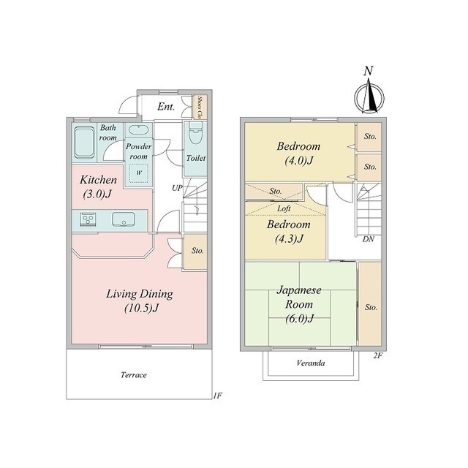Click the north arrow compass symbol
[x=369, y=97]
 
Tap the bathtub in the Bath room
[x=85, y=143]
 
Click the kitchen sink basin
[x=124, y=219]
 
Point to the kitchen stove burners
[x=88, y=219]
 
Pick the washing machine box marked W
[x=139, y=173]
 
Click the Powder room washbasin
[x=139, y=130]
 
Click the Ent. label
[x=166, y=107]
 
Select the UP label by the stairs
[x=177, y=189]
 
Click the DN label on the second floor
[x=369, y=239]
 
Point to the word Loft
[x=284, y=208]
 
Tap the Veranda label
[x=311, y=363]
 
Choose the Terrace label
[x=134, y=375]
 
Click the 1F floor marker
[x=218, y=396]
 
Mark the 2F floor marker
[x=377, y=355]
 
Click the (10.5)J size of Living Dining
[x=141, y=308]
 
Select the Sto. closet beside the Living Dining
[x=195, y=252]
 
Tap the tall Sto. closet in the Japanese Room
[x=370, y=304]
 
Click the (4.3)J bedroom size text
[x=290, y=238]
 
